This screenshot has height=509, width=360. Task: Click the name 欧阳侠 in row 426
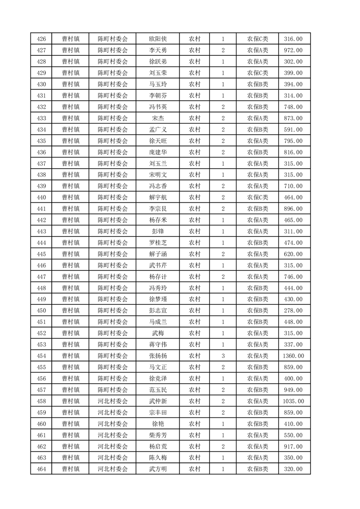(x=158, y=39)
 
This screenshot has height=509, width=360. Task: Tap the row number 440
(x=41, y=197)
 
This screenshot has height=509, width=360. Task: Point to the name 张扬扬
(x=158, y=356)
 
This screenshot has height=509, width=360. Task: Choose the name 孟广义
(x=158, y=130)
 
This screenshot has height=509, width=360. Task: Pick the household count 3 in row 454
(x=223, y=356)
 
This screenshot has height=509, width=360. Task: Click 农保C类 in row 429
(x=257, y=73)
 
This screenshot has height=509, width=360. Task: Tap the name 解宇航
(x=158, y=197)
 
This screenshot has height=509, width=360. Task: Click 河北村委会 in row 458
(x=113, y=401)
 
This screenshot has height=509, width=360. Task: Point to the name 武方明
(x=158, y=469)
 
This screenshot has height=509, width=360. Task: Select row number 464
(x=41, y=469)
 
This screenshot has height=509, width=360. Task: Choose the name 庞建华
(x=158, y=152)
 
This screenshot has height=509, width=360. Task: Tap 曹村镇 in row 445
(x=71, y=254)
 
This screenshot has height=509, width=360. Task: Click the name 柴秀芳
(x=158, y=435)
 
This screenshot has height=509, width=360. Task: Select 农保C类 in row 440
(x=257, y=197)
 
